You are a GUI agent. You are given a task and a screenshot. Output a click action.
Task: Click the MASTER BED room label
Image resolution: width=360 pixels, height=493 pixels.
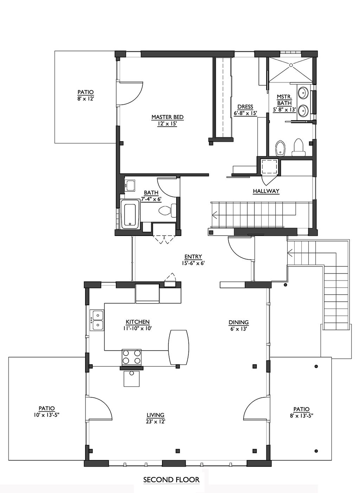[167, 117]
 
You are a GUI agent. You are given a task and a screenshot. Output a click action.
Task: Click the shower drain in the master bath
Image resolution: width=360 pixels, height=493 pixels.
[291, 65]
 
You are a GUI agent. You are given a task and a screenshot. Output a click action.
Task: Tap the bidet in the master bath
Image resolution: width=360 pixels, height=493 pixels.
[280, 148]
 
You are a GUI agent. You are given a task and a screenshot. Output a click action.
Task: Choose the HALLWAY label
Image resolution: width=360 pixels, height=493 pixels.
[266, 191]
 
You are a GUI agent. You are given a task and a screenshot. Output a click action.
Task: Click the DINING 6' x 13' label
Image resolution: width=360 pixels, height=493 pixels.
[239, 325]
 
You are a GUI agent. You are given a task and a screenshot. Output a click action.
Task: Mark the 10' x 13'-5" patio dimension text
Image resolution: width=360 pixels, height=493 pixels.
[46, 415]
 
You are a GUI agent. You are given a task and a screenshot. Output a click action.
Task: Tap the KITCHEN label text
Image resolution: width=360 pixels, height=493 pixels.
[137, 322]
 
